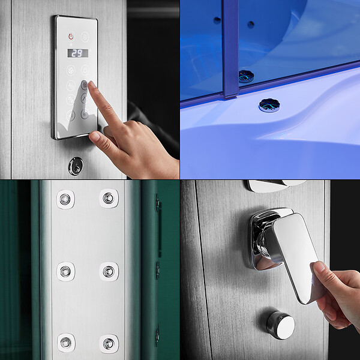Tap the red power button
point(71,36)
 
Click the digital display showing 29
point(77,53)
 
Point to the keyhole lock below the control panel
point(76,166)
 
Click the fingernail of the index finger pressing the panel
point(92,84)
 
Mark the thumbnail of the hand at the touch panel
point(94,136)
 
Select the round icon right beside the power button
point(85,37)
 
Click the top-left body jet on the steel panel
point(65,199)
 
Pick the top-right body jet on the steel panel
point(109,199)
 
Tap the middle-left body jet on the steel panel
point(65,271)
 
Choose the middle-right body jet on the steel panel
point(109,272)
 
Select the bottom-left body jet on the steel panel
point(66,343)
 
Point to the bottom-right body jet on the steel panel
point(109,344)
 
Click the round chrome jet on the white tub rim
point(269,105)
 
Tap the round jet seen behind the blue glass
point(246,76)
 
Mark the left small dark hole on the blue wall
point(217,20)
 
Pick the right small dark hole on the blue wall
point(251,25)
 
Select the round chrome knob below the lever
point(281,325)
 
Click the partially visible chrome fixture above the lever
point(275,185)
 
